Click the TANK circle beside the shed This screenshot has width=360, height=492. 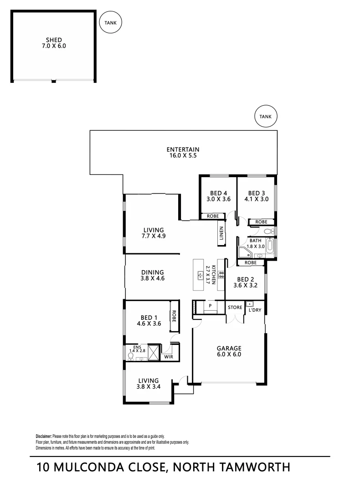coord(110,22)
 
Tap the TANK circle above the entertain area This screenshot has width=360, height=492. coord(265,117)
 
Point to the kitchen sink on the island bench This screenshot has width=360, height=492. coord(200,275)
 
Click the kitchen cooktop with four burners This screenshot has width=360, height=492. coord(221,275)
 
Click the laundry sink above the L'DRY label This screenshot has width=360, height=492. coord(250,304)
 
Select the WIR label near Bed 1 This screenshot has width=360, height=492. coord(169,357)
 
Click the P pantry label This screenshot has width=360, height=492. coord(210,306)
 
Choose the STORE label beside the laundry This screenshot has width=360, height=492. coord(235,307)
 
